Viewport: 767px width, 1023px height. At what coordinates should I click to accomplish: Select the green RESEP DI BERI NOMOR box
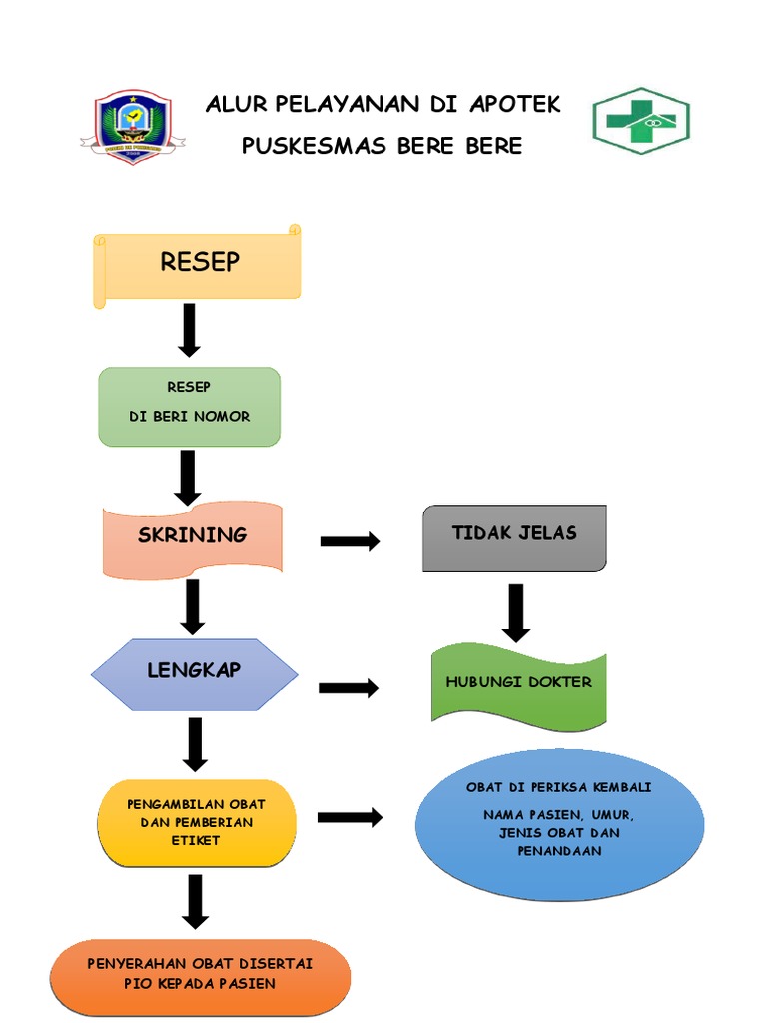click(189, 406)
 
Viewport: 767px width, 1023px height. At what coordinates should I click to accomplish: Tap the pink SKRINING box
click(193, 537)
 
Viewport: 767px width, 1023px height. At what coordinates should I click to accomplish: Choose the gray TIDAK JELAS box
click(514, 537)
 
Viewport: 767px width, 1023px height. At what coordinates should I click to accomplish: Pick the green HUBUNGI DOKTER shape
click(518, 684)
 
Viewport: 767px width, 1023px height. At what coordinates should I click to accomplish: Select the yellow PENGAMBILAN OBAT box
click(197, 823)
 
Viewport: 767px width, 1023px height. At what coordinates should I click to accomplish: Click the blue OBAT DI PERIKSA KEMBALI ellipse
click(559, 824)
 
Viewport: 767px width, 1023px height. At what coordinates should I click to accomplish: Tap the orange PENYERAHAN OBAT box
click(200, 975)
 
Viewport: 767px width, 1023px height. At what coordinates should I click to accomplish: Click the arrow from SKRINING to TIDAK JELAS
click(350, 542)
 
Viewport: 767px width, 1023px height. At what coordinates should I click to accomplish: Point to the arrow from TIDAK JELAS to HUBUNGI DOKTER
click(515, 612)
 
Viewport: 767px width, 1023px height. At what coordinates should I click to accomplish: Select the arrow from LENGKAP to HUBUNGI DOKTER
click(349, 687)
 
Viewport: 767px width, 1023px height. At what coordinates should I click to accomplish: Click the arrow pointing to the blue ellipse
click(350, 817)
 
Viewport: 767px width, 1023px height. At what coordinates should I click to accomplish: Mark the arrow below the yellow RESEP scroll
click(189, 330)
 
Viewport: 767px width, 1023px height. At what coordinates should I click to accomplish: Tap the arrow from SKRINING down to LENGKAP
click(193, 606)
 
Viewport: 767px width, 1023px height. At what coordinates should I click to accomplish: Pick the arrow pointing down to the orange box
click(195, 901)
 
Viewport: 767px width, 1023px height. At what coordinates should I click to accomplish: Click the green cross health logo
click(641, 121)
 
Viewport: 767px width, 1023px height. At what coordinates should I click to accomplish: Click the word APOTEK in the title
click(514, 104)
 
